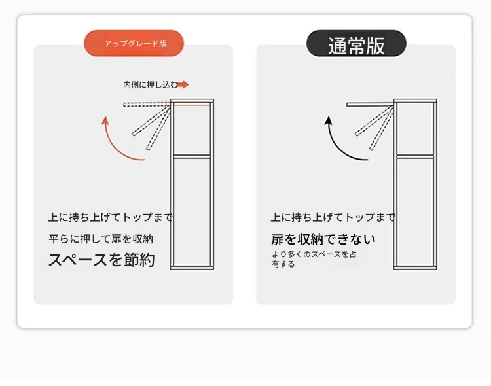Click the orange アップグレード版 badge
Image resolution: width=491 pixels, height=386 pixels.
tap(134, 43)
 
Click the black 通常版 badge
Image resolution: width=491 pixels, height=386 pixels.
tap(356, 44)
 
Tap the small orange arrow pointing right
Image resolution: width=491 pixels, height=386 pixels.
tap(182, 84)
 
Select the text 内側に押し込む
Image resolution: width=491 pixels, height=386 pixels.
tap(150, 85)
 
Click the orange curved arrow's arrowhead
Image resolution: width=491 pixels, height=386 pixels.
tap(105, 120)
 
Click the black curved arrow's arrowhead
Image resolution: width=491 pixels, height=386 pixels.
tap(328, 120)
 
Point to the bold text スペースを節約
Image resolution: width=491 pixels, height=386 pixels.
tap(101, 260)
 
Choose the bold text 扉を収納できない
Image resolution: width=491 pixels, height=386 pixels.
tap(323, 239)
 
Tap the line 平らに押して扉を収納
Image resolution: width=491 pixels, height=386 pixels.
tap(101, 239)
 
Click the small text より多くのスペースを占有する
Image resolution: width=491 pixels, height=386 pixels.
tap(314, 259)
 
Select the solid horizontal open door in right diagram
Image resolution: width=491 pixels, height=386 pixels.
tap(370, 105)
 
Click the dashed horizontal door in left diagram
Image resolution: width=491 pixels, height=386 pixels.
tap(146, 105)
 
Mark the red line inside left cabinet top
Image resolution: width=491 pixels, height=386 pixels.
tap(191, 105)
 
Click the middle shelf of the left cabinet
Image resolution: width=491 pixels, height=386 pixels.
tap(192, 156)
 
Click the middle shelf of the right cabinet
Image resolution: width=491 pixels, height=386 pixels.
tap(415, 156)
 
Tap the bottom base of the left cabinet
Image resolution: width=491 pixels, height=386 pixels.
tap(192, 268)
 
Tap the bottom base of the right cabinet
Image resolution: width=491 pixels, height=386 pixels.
tap(415, 268)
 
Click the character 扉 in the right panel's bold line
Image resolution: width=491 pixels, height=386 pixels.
tap(278, 239)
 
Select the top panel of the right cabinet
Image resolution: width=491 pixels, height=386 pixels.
tap(415, 101)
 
